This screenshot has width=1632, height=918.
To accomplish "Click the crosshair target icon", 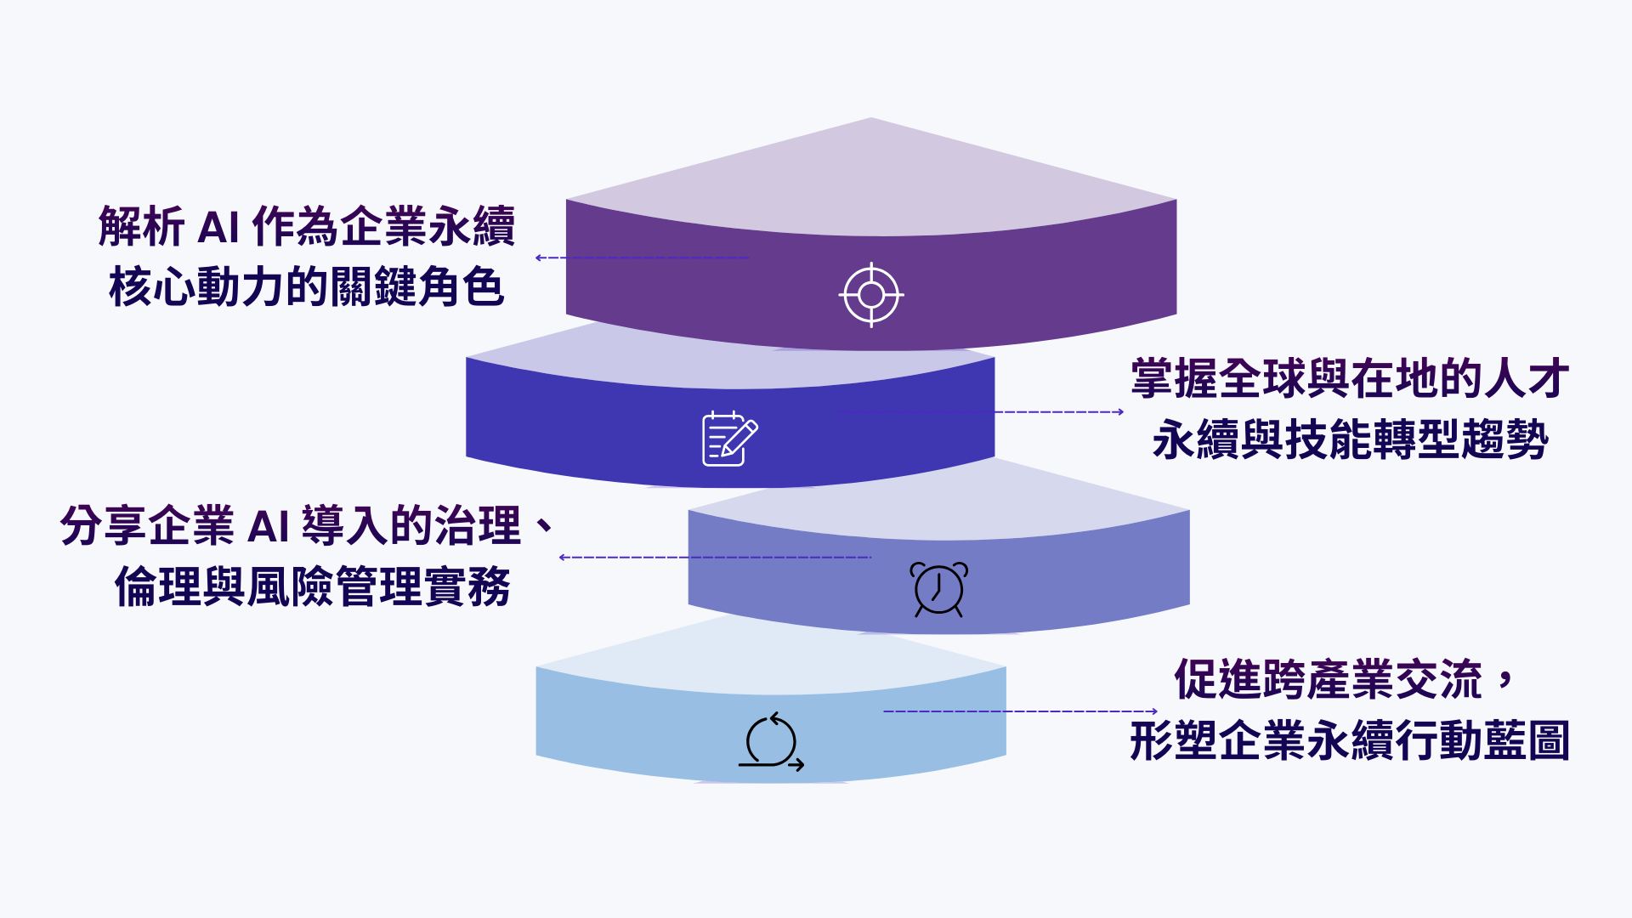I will click(x=871, y=295).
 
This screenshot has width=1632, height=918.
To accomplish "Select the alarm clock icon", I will click(x=938, y=588).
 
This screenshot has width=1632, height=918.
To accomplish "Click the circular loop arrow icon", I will click(x=771, y=742).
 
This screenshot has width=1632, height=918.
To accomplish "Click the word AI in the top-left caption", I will click(x=218, y=228).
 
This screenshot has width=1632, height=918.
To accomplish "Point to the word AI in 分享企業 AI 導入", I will click(x=268, y=527).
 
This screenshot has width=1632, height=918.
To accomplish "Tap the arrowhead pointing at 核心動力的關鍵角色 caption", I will click(x=539, y=258).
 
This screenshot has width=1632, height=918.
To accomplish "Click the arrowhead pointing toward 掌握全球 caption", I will click(x=1120, y=412).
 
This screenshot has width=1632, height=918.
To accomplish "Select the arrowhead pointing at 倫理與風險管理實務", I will click(x=563, y=558).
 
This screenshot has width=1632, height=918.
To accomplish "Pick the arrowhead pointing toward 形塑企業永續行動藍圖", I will click(x=1153, y=711).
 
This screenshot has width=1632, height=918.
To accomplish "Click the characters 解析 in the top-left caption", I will click(x=141, y=227).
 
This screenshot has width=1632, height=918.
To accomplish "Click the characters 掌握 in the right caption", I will click(x=1174, y=379).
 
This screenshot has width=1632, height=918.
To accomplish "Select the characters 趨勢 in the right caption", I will click(x=1505, y=440).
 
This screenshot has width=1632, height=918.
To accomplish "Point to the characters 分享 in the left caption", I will click(x=104, y=526).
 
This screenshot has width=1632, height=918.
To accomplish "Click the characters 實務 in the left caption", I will click(x=467, y=587).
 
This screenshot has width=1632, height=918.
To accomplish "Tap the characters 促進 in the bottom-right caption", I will click(x=1217, y=680).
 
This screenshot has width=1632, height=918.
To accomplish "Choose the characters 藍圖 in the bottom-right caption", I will click(x=1527, y=741).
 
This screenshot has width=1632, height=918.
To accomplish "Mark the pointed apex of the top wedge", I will click(x=871, y=118).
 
